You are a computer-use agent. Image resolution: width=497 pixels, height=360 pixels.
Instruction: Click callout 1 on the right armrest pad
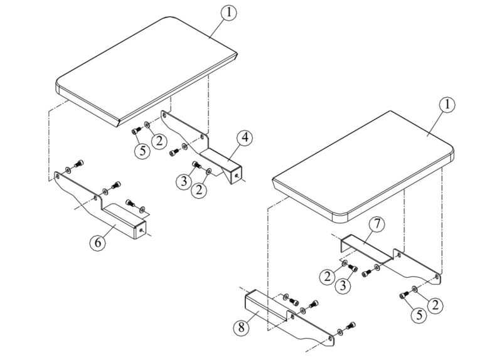[x=447, y=105]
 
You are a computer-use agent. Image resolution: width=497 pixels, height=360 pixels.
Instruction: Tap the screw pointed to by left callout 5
[x=135, y=130]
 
